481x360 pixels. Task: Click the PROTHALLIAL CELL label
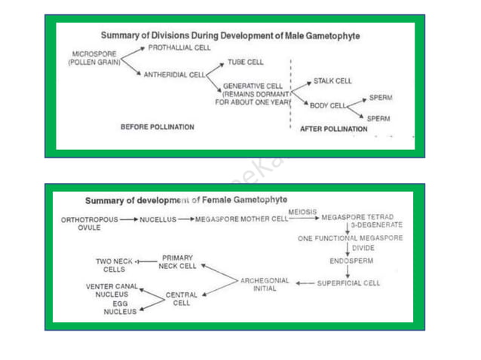pos(179,47)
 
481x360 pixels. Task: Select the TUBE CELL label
pos(246,63)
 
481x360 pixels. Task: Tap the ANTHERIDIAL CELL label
pos(174,75)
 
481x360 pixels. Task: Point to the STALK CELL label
pos(332,81)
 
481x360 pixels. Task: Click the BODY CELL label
pos(328,105)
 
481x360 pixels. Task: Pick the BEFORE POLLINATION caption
pos(158,127)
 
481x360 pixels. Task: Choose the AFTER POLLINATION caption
pos(334,129)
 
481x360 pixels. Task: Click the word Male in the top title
pos(294,36)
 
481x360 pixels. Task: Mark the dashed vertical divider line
pos(290,93)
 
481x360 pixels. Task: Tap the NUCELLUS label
pos(158,219)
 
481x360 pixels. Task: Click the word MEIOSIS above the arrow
pos(302,212)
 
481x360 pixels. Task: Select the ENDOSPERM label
pos(351,261)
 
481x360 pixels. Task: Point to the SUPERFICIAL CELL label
pos(348,283)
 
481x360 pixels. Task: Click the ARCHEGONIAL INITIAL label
pos(265,285)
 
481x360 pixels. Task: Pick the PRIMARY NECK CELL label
pos(177,262)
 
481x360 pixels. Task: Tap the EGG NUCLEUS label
pos(120,307)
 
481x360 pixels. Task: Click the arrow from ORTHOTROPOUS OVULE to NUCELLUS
pos(129,219)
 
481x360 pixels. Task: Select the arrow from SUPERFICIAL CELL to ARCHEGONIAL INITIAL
pos(305,283)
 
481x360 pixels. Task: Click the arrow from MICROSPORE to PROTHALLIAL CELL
pos(133,53)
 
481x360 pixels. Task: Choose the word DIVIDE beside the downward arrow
pos(363,248)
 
